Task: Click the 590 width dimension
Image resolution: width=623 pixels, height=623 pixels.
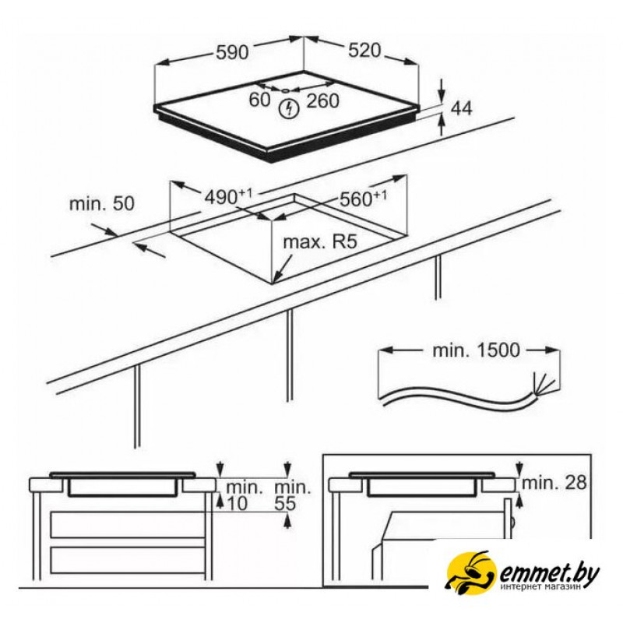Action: tap(232, 52)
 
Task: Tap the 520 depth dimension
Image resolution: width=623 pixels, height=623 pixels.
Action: tap(364, 50)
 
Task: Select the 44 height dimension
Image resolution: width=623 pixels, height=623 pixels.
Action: tap(462, 108)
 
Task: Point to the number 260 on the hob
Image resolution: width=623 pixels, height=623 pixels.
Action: tap(322, 101)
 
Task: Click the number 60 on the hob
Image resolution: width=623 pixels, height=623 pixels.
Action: tap(259, 100)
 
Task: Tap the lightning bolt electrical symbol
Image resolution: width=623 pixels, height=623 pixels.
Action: tap(289, 109)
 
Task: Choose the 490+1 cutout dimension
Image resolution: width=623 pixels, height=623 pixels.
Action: tap(228, 196)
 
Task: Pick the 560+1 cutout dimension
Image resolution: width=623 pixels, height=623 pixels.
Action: tap(363, 199)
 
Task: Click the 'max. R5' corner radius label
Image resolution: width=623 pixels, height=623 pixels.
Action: tap(320, 241)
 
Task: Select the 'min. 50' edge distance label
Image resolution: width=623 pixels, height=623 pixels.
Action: tap(102, 203)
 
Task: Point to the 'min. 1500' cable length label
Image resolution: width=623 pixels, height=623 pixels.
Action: tap(476, 350)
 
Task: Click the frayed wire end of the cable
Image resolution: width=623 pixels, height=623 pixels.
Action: tap(542, 384)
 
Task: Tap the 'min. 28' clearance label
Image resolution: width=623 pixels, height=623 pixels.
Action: tap(554, 483)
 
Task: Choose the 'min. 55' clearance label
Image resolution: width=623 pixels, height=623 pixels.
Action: tap(293, 495)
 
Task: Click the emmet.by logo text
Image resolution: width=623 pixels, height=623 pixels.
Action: tap(549, 574)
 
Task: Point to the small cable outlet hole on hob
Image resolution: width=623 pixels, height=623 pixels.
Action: tap(285, 91)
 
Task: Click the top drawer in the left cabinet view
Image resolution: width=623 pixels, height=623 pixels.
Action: tap(128, 525)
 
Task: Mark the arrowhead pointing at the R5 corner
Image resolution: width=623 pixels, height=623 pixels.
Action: tap(278, 276)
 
